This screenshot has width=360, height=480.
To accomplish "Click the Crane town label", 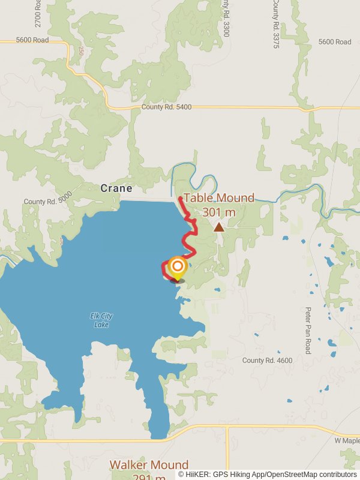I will tap(116, 188).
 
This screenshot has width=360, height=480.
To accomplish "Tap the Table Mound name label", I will tap(219, 198).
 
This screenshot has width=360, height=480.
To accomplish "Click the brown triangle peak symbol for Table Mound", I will tap(219, 227).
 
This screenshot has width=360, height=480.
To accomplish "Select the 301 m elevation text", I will tap(218, 212).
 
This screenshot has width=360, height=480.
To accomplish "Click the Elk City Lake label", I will tap(101, 320).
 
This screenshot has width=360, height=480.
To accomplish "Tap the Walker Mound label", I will tap(149, 465).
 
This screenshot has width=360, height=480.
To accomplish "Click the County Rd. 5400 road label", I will tap(166, 107).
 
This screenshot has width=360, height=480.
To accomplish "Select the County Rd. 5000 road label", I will tap(47, 202).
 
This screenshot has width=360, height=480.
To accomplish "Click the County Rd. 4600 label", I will tap(267, 361).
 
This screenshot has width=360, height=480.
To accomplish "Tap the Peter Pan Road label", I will tap(308, 331).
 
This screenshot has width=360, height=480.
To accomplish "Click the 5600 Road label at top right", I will tap(335, 42).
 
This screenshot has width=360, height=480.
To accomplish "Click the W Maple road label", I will tap(346, 441).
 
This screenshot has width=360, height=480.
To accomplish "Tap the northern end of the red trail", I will tap(181, 197).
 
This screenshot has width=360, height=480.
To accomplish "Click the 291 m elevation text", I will tap(149, 478).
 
